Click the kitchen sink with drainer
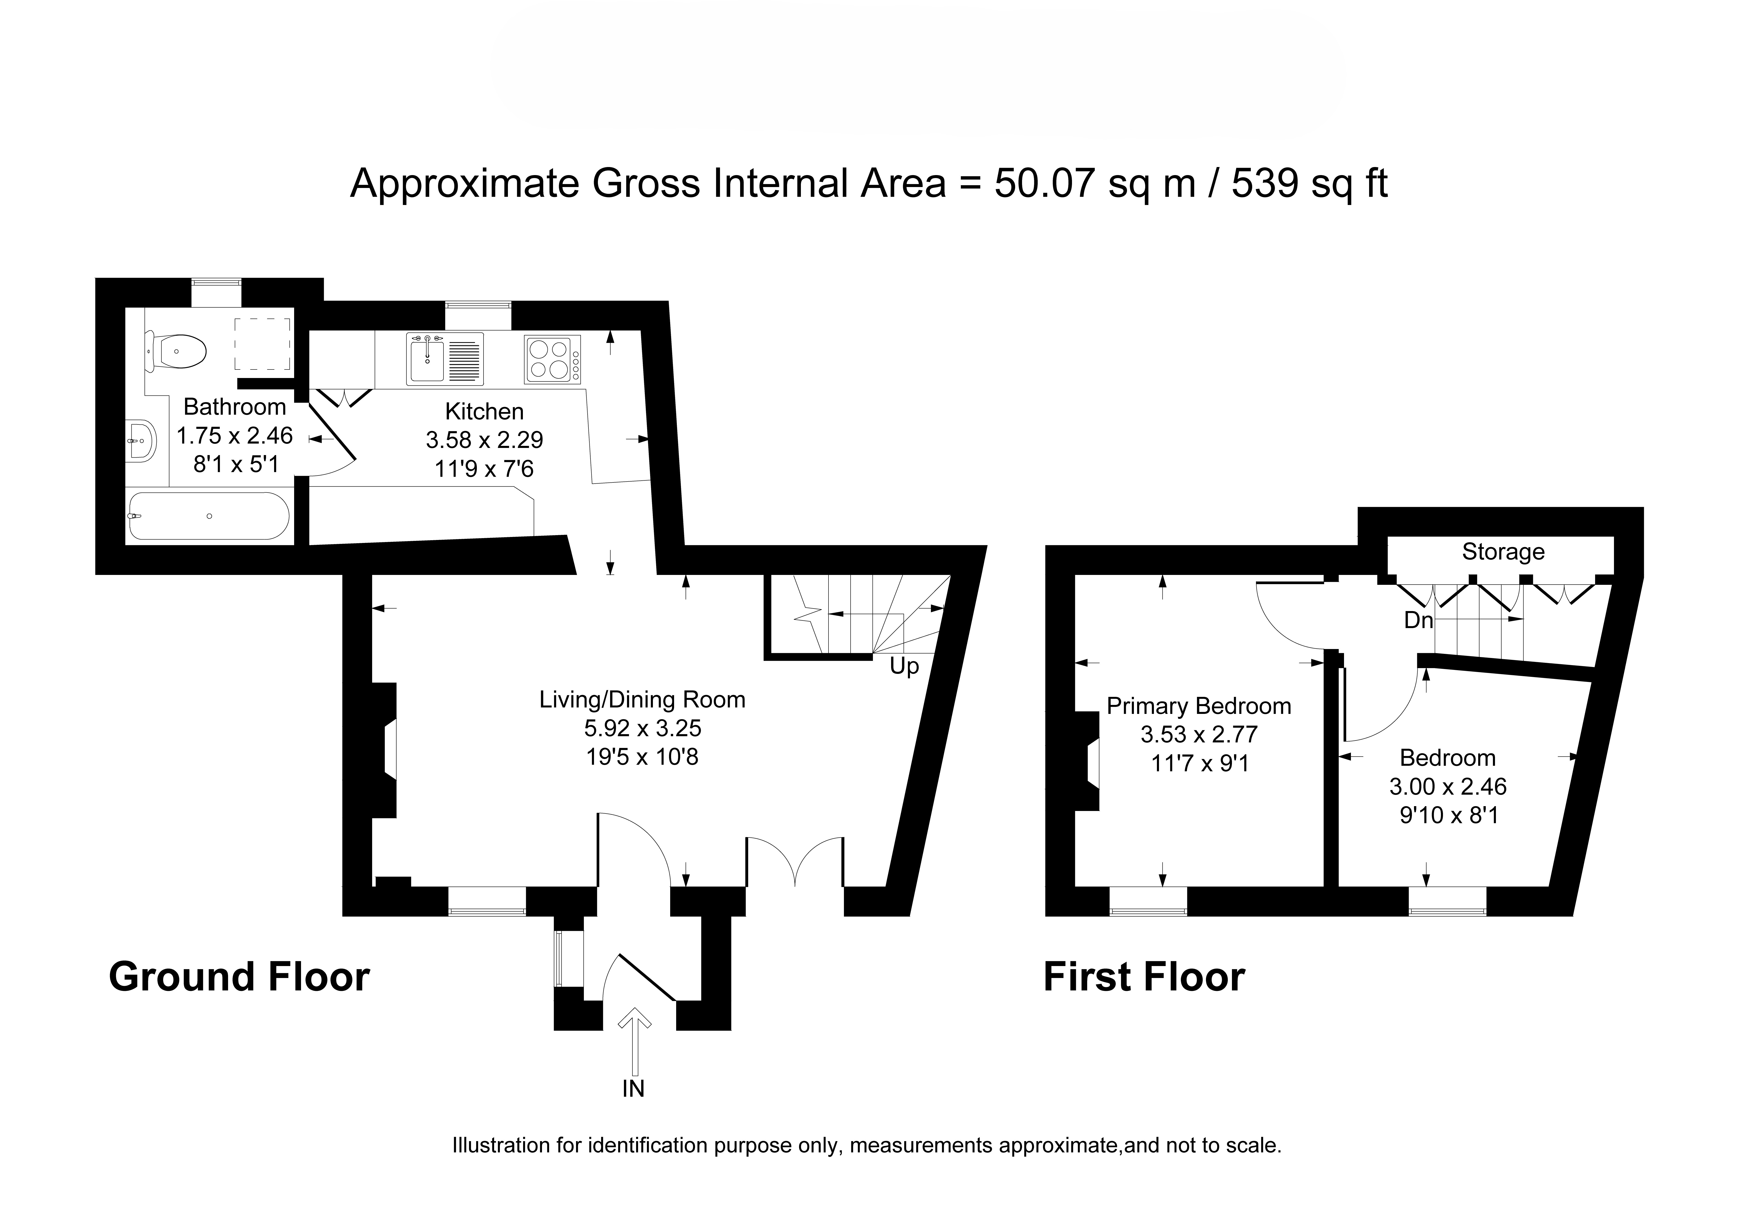tap(445, 358)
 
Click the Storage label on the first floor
tap(1503, 551)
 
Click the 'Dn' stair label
tap(1418, 620)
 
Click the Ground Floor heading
tap(239, 977)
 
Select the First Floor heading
tap(1144, 977)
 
